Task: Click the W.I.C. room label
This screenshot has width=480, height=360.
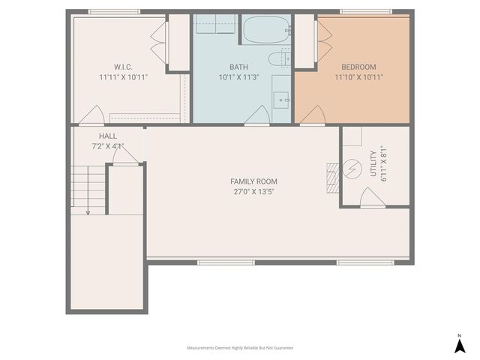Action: pyautogui.click(x=123, y=66)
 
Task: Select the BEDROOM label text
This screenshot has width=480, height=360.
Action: pyautogui.click(x=358, y=66)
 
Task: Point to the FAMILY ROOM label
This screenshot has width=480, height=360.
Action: pyautogui.click(x=253, y=181)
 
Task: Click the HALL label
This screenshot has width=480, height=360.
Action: pyautogui.click(x=107, y=136)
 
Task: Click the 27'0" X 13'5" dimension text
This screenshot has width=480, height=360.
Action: pyautogui.click(x=253, y=192)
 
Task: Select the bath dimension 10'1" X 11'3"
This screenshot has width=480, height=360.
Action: pyautogui.click(x=238, y=76)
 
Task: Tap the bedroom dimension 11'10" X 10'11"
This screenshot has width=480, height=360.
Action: pyautogui.click(x=358, y=76)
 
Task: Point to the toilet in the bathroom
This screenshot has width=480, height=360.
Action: pyautogui.click(x=278, y=58)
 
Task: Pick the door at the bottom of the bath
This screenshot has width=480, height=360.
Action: pyautogui.click(x=257, y=115)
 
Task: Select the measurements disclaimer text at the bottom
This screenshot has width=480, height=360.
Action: pyautogui.click(x=240, y=348)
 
